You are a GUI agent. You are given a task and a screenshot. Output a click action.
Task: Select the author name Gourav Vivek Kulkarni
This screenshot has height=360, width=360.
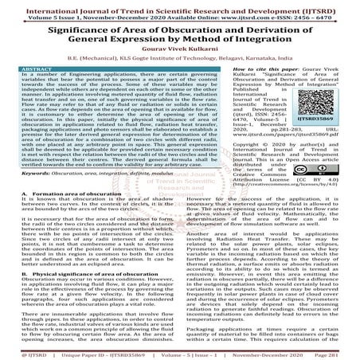pos(179,59)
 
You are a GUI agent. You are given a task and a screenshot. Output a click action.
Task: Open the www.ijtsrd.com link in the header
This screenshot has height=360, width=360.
pos(244,14)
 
